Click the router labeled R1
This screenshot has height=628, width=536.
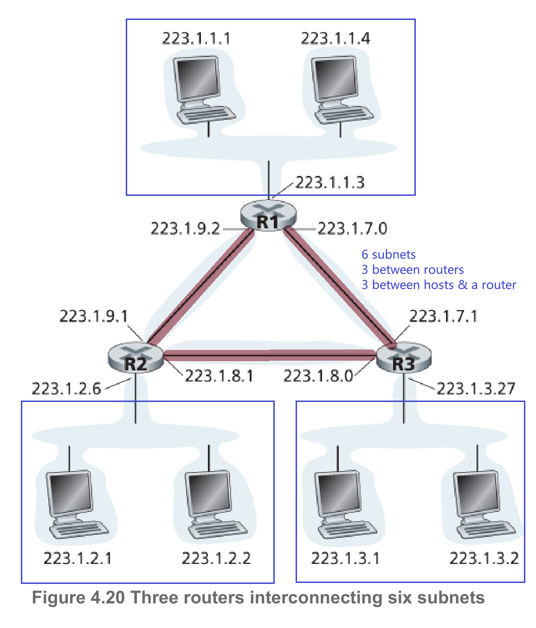(268, 215)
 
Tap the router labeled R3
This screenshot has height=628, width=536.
(403, 358)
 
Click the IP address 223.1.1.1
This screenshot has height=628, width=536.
(196, 38)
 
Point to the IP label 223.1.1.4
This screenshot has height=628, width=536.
(336, 38)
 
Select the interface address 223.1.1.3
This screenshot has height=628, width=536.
(330, 182)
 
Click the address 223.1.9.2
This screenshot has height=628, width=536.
(185, 228)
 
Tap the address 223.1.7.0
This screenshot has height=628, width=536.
(352, 228)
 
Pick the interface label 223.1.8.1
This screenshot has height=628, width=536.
(220, 376)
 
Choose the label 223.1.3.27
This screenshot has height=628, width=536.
(476, 388)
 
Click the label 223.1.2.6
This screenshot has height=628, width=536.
(66, 388)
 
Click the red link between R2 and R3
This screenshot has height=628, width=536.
(269, 356)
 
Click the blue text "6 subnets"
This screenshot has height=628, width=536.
(388, 254)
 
